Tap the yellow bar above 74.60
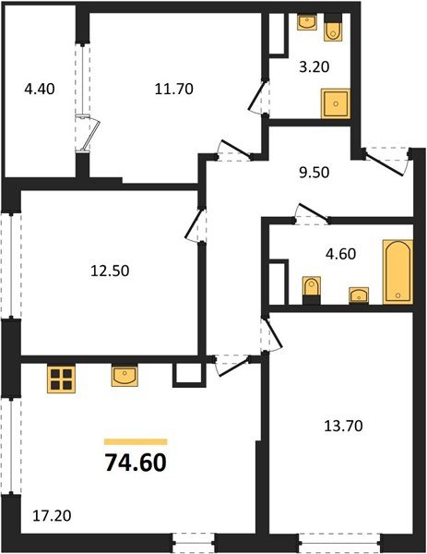pos(136,442)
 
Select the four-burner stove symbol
pos(62,379)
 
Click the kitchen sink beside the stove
pos(124,375)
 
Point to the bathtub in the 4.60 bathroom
pos(397,271)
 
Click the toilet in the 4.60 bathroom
pos(312,290)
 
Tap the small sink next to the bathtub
pos(357,295)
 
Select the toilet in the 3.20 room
pos(334,31)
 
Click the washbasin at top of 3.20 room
pos(307,22)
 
